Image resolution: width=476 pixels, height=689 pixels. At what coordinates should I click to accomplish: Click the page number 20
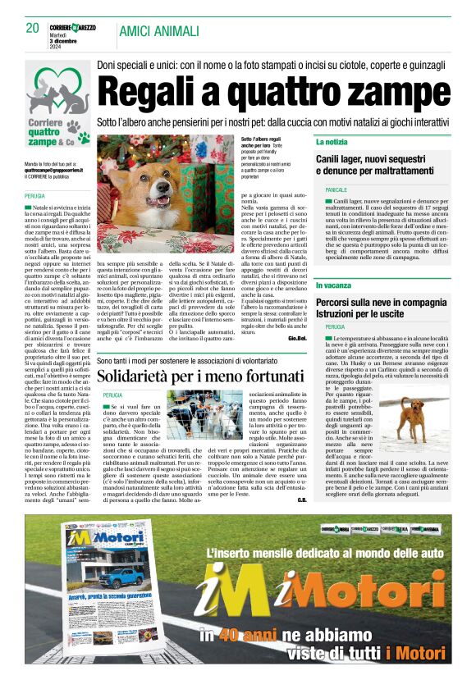33,29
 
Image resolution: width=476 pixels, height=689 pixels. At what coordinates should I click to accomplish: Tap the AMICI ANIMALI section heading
159,31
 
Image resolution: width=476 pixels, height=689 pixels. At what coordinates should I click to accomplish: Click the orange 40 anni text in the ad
231,634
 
